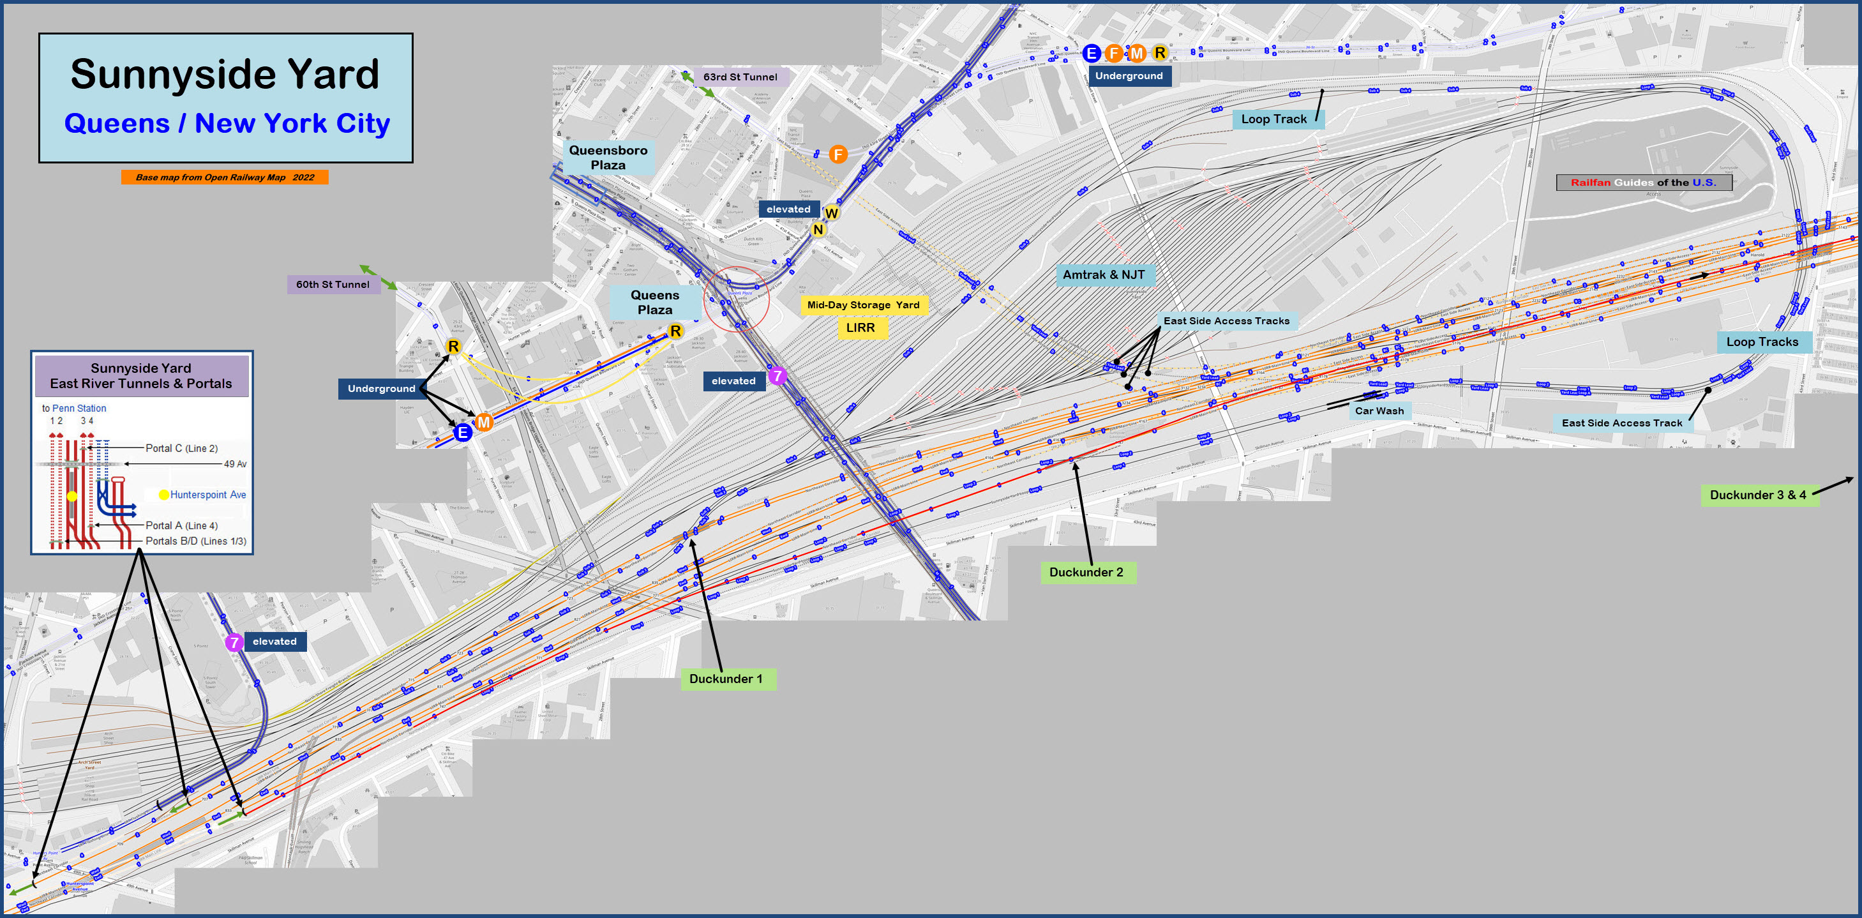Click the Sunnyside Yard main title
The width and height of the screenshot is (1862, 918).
coord(225,75)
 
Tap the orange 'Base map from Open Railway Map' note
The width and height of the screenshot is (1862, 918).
coord(225,177)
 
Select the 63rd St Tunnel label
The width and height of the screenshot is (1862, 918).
coord(740,77)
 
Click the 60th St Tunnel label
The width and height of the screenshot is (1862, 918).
coord(333,284)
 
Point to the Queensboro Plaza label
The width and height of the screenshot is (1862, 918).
coord(608,158)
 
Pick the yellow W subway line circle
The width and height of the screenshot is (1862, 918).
coord(831,213)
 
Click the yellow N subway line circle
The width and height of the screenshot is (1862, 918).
coord(818,230)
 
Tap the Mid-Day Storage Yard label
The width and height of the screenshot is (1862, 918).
coord(863,305)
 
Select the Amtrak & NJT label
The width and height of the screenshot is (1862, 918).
coord(1103,275)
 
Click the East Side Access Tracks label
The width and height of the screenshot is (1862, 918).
coord(1226,321)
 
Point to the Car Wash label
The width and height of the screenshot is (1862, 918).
coord(1379,410)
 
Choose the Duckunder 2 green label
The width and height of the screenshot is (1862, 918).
coord(1086,573)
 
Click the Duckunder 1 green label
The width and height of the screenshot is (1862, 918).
coord(726,679)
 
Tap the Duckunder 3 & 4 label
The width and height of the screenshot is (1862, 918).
coord(1757,495)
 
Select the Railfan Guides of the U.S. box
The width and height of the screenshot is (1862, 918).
coord(1643,182)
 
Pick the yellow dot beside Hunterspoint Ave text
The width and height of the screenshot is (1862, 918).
coord(164,494)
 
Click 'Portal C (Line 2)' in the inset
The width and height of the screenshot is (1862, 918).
coord(181,448)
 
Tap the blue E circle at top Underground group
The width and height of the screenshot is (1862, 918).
coord(1091,53)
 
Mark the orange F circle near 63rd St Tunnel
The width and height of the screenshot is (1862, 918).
coord(837,154)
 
